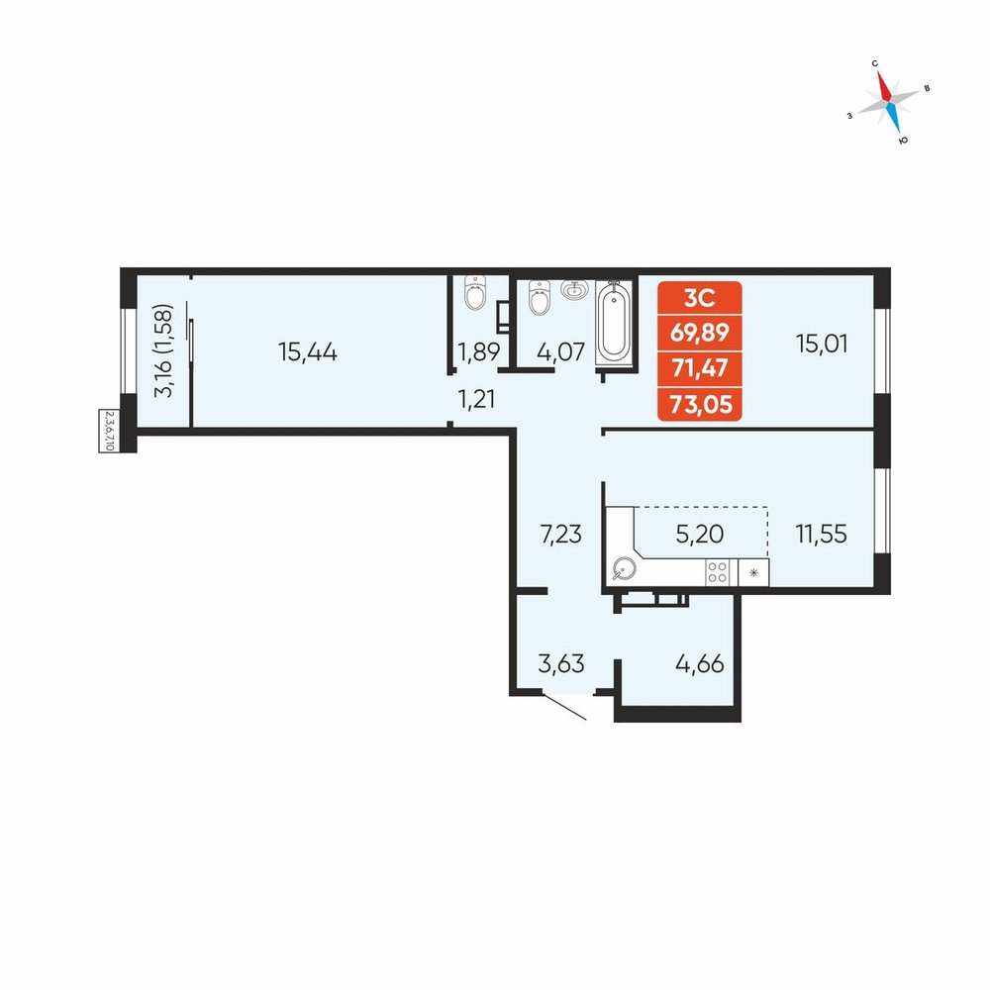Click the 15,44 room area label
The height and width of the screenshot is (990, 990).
click(x=308, y=351)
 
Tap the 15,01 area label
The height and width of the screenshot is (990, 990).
click(x=822, y=344)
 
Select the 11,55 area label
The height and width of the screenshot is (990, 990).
click(x=821, y=534)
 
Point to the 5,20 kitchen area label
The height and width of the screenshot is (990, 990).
click(x=700, y=534)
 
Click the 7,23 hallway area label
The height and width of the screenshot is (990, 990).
click(x=560, y=535)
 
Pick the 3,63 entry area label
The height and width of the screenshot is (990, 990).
click(x=560, y=663)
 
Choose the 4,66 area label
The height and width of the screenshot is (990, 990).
click(x=700, y=663)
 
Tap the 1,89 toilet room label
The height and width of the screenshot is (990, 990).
click(x=478, y=351)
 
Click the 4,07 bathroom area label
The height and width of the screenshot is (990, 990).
click(x=560, y=351)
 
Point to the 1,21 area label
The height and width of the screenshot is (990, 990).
click(x=476, y=400)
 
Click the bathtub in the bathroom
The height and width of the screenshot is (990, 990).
click(x=613, y=323)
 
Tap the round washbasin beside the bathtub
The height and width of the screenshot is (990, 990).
click(x=574, y=290)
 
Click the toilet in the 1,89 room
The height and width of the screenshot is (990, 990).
click(x=475, y=292)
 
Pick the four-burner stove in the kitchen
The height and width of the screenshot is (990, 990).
click(x=717, y=572)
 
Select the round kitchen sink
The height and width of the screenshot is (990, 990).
click(x=624, y=569)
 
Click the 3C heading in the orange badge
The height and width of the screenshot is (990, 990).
click(x=700, y=297)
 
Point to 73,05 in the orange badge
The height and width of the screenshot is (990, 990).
click(x=700, y=403)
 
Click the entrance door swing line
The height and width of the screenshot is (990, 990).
click(x=564, y=707)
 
